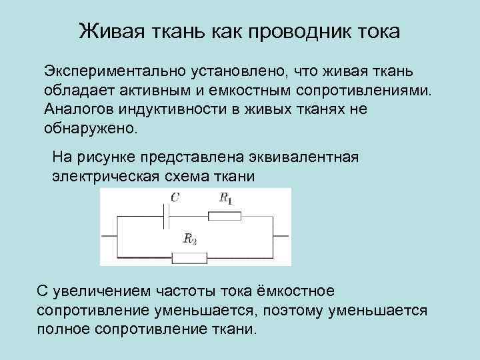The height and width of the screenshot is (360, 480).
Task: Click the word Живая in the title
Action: [x=109, y=31]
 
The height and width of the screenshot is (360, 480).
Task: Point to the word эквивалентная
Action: [x=309, y=158]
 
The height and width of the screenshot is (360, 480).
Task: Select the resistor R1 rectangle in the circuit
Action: [x=225, y=215]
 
